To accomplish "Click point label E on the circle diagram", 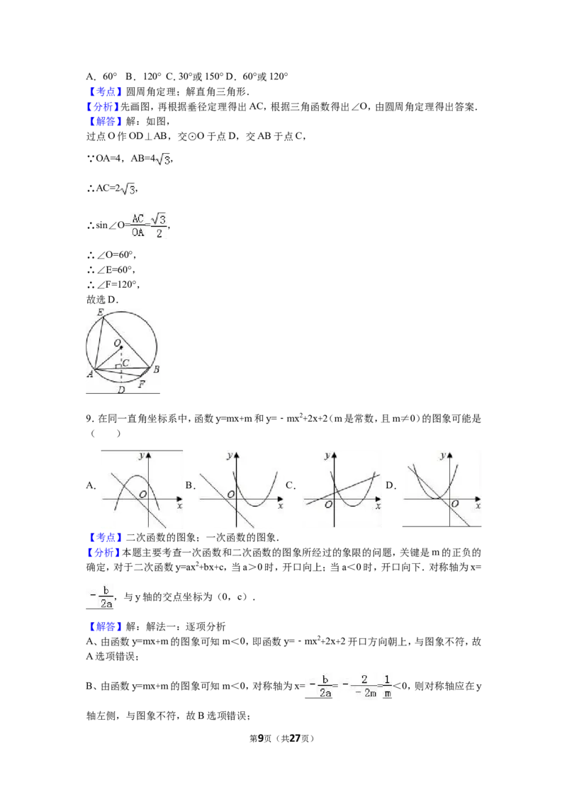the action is (101, 312).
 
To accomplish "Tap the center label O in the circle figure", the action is (117, 343).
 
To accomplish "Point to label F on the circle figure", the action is (142, 384).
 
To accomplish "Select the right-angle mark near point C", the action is (118, 366).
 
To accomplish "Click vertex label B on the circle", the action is (156, 369).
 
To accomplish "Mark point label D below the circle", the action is (121, 390).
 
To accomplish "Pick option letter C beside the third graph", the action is (290, 485).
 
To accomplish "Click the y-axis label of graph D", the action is (443, 456).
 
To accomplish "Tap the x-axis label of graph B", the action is (281, 506).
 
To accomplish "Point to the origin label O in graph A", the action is (142, 495).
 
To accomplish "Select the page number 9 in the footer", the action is (261, 738).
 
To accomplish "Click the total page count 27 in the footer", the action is (295, 738).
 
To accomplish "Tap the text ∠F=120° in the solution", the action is (113, 284).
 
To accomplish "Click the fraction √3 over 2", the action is (159, 225).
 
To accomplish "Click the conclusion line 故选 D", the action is (102, 300).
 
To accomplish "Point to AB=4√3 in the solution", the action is (152, 159).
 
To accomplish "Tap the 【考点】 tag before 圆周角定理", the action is (105, 91).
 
